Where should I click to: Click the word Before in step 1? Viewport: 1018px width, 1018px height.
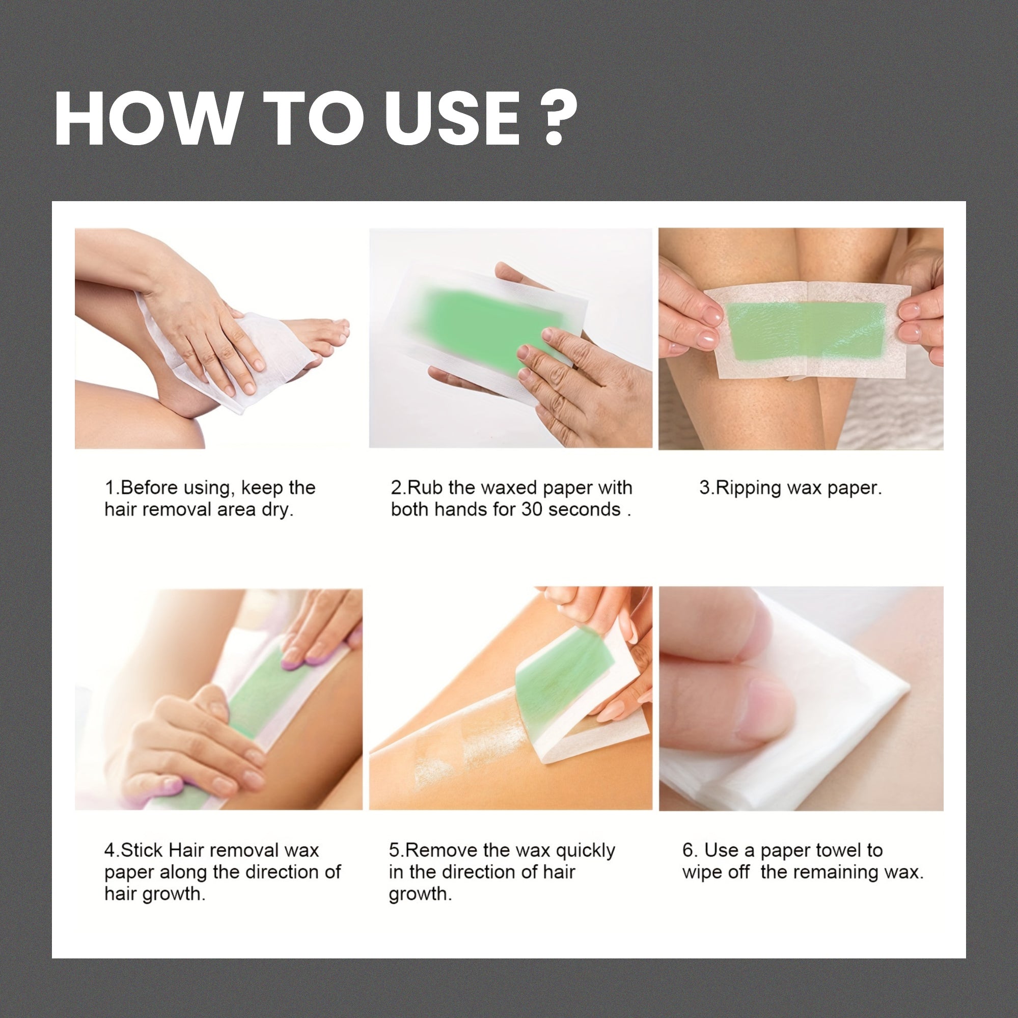[149, 488]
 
